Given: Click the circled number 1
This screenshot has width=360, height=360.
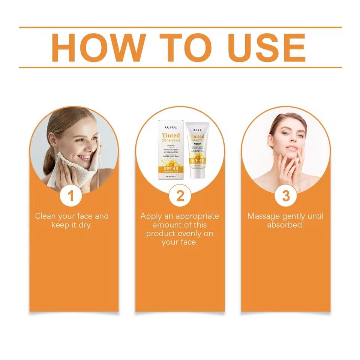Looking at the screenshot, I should click(74, 196).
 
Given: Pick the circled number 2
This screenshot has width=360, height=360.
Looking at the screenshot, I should click(180, 196).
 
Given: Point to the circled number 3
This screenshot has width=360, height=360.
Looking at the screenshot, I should click(286, 196).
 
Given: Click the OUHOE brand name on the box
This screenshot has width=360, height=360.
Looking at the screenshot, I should click(171, 126).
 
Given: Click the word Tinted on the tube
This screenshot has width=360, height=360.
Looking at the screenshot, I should click(197, 136).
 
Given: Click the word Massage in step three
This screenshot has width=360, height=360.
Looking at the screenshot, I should click(263, 216).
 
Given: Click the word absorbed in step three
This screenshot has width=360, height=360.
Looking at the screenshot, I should click(285, 225).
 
